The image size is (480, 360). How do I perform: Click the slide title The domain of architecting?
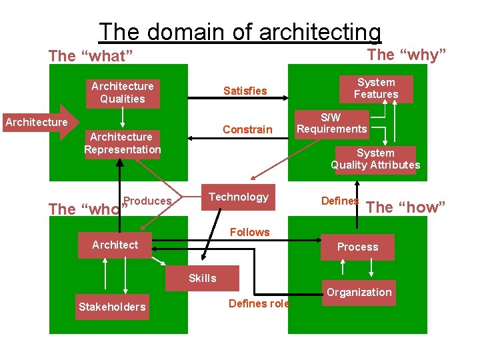[240, 31]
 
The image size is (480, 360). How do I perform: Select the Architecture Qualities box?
[122, 93]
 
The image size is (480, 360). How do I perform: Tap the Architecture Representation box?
[122, 143]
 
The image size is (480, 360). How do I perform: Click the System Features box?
[376, 89]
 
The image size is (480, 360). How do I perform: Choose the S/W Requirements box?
[332, 123]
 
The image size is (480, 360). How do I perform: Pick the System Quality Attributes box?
[375, 159]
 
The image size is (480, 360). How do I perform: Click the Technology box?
[238, 197]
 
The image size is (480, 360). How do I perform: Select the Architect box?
[115, 245]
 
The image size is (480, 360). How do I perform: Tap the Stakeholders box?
[112, 307]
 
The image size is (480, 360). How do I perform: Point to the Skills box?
[202, 279]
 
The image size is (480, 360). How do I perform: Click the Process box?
[357, 247]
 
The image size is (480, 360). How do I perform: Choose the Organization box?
[359, 292]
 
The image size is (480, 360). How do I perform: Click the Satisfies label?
[245, 91]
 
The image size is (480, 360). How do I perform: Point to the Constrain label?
[247, 129]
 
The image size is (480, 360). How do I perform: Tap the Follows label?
[249, 232]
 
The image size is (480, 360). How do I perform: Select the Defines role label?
[259, 303]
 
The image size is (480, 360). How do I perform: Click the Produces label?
[148, 201]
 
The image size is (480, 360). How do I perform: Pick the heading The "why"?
[407, 54]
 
